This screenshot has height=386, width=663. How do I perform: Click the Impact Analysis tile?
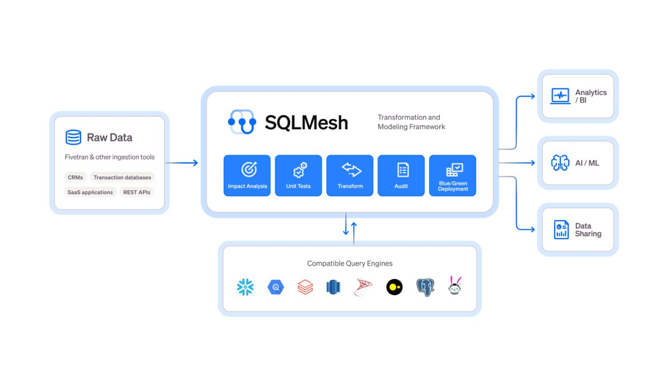point(247,176)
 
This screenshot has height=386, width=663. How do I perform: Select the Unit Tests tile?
point(298,176)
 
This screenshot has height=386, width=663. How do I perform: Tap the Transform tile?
point(350,176)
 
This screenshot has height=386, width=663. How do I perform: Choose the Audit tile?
point(401,176)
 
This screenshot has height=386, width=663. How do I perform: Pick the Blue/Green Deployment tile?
point(452,176)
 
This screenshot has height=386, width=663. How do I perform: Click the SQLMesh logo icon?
point(242,122)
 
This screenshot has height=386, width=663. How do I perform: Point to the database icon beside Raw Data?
point(73,137)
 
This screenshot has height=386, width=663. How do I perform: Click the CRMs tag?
point(75,177)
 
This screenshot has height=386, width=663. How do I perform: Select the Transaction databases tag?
point(122,177)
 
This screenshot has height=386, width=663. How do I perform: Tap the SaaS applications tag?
point(90,192)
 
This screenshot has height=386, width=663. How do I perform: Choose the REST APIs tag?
point(136,192)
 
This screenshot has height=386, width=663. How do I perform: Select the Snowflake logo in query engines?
point(245,287)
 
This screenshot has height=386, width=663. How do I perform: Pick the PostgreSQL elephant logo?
point(425,287)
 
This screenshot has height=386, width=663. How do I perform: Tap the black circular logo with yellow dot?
point(394,287)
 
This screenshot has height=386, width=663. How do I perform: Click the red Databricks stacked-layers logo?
point(305,287)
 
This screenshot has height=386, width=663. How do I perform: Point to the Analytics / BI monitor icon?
point(560,96)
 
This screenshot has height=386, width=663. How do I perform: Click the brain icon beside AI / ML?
point(560,163)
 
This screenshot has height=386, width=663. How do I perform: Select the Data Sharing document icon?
point(561,230)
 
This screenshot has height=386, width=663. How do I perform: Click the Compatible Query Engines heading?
point(350,263)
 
